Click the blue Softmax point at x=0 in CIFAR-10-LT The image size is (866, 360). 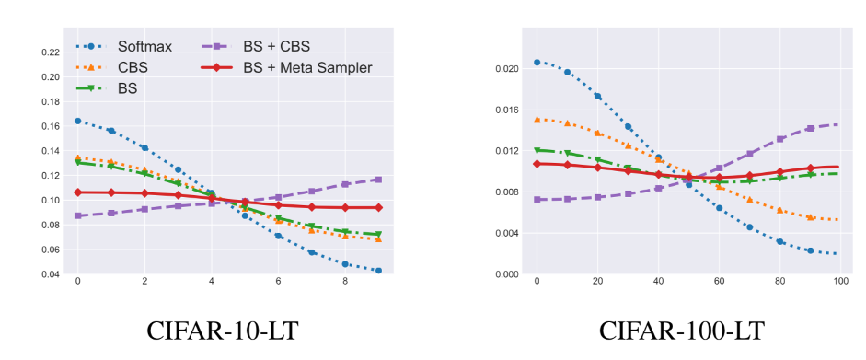point(78,121)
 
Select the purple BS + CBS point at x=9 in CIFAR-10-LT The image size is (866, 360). point(378,180)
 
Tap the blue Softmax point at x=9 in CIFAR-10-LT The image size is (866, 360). point(378,271)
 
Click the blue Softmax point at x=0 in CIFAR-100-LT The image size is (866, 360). point(537,63)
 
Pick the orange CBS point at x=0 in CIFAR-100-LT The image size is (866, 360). point(537,120)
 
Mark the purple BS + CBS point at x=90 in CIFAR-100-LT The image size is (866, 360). point(810,129)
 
